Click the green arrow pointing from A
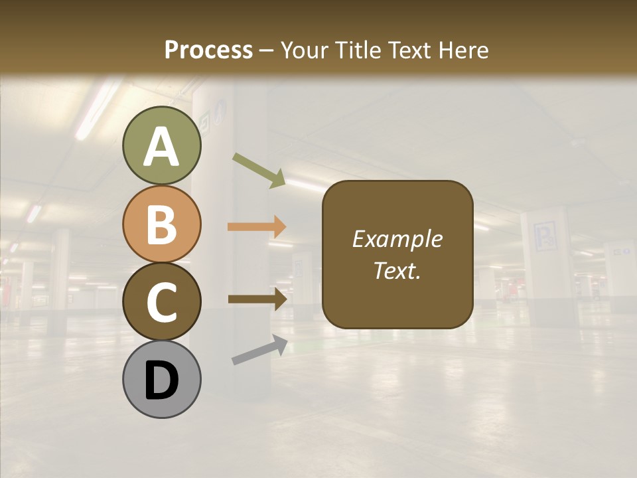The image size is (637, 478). [259, 170]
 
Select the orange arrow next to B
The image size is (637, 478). [257, 227]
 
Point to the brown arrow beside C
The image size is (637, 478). [257, 299]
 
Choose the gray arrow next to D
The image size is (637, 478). [259, 350]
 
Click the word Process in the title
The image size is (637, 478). [208, 50]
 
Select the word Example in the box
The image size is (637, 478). [397, 239]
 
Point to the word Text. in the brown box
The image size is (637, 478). [397, 271]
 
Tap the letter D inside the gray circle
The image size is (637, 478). [162, 381]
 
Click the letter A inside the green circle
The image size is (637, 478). [162, 147]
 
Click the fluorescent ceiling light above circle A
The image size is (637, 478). [97, 110]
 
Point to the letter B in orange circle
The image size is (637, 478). [162, 224]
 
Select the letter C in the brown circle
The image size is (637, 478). [162, 303]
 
